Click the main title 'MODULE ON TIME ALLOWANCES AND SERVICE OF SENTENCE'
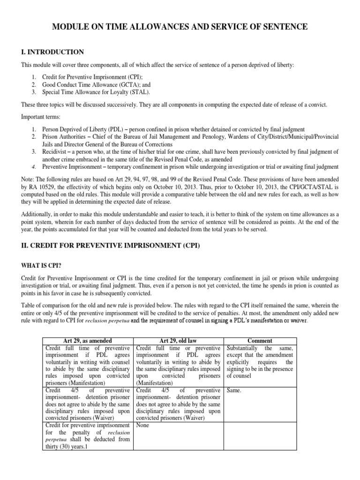click(180, 27)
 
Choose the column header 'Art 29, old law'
click(179, 341)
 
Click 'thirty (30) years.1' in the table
click(67, 447)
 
